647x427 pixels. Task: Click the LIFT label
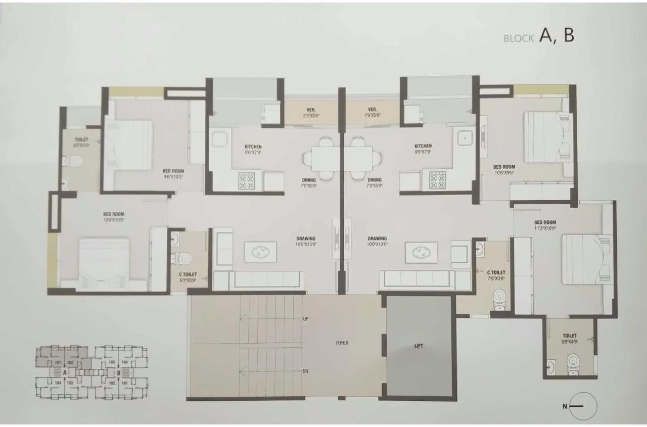coord(419,346)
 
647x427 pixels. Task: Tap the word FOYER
coord(342,343)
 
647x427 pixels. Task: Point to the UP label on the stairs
coord(305,319)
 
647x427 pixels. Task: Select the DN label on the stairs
coord(305,371)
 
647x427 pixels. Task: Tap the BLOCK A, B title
coord(539,36)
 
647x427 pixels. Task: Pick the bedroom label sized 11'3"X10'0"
coord(545,225)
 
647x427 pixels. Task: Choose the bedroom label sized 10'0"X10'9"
coord(114,217)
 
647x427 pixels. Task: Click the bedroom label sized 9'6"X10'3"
coord(173,174)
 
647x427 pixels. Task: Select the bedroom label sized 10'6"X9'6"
coord(504,170)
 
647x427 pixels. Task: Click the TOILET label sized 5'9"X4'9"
coord(569,339)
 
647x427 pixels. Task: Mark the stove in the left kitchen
coord(247,181)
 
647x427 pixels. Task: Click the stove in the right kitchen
coord(437,180)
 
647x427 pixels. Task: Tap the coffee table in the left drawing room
coord(260,252)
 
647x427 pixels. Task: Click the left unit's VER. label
coord(311,112)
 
